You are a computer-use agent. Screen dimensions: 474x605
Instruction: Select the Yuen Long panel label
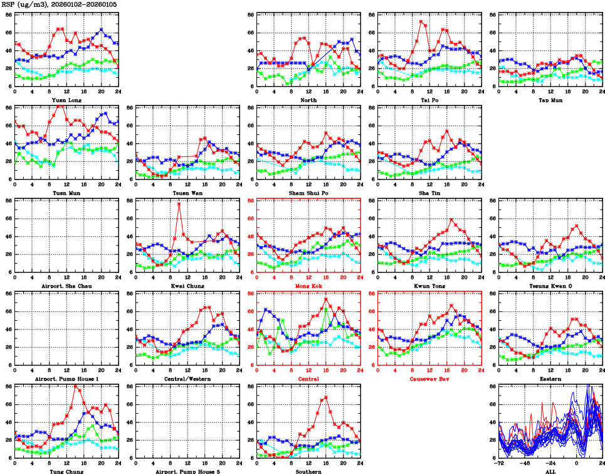click(x=66, y=100)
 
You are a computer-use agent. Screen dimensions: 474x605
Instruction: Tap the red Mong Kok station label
click(x=308, y=286)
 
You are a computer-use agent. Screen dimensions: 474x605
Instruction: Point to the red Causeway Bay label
click(x=429, y=379)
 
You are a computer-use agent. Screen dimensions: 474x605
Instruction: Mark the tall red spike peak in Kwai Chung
click(x=179, y=204)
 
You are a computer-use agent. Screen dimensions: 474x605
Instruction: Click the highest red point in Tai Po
click(x=421, y=22)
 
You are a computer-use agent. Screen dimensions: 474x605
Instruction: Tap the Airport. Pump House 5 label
click(x=187, y=471)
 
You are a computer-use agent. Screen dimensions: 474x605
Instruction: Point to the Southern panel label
click(x=308, y=471)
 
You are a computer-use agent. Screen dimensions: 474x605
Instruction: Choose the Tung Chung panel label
click(x=66, y=471)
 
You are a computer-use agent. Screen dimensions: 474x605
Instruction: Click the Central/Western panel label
click(x=187, y=379)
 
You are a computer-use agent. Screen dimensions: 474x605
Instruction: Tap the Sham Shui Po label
click(x=308, y=193)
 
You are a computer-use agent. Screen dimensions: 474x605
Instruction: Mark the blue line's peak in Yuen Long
click(x=101, y=30)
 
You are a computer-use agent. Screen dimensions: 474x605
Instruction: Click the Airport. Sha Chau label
click(x=66, y=286)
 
